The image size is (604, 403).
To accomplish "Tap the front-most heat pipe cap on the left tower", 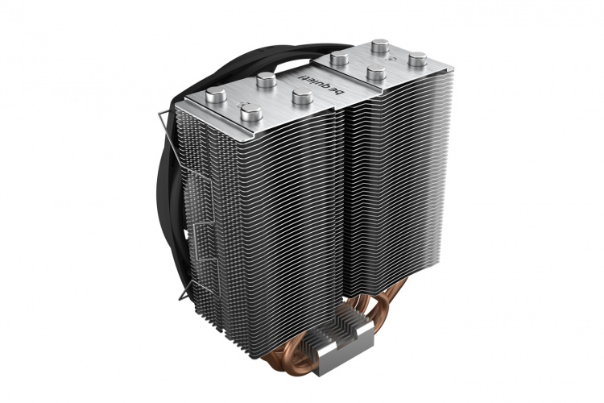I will (x=253, y=116).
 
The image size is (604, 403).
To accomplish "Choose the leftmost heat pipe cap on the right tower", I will (x=339, y=59).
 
